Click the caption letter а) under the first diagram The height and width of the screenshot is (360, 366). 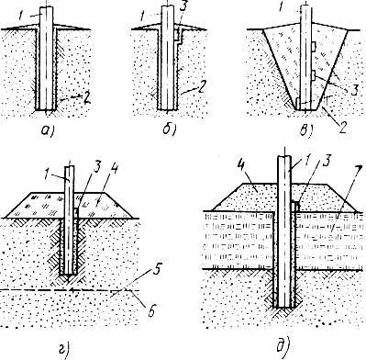coord(48,130)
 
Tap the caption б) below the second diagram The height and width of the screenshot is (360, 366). coord(169,129)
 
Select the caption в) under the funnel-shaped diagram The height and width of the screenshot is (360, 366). coord(307,130)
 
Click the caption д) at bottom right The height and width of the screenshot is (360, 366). coord(283,346)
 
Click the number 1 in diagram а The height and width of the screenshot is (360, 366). coord(20,16)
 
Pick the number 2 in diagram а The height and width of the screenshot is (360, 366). coord(86,98)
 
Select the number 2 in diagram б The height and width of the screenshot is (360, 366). coord(200,88)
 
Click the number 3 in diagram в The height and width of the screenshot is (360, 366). coord(353,91)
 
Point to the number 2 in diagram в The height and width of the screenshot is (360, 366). coord(342,127)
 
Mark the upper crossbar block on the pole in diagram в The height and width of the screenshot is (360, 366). coord(314,46)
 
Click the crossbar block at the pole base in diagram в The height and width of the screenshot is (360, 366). coord(299,103)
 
